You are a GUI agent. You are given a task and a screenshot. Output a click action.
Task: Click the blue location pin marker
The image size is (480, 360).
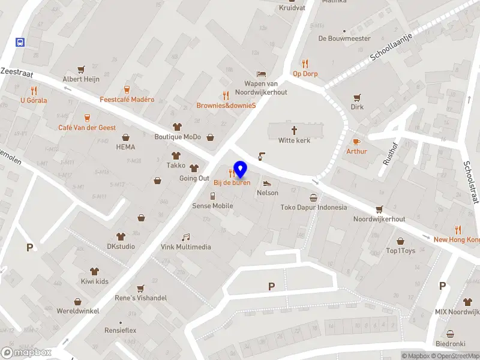coord(241,170)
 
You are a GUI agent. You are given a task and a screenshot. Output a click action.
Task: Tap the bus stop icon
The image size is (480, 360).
coord(20,42)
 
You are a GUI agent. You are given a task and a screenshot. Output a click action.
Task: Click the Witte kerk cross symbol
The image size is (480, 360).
coord(294,130)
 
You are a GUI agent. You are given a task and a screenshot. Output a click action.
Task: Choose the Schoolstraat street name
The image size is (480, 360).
coord(470,182)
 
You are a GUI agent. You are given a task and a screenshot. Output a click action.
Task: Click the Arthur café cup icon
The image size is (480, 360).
coord(356,141)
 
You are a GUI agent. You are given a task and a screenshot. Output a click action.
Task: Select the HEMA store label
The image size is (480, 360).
coord(125,147)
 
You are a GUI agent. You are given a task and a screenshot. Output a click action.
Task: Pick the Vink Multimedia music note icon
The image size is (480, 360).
coord(186,237)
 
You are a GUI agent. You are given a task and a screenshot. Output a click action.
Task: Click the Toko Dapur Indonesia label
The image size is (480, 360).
coord(313,208)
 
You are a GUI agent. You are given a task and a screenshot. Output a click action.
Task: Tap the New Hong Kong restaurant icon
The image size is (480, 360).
coord(458,229)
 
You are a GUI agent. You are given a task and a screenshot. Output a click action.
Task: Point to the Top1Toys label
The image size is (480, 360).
coord(400,251)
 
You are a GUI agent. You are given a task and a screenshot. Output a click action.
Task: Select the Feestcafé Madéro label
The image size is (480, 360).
coord(127,100)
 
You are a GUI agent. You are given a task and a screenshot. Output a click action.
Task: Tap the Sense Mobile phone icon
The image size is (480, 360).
coord(212,196)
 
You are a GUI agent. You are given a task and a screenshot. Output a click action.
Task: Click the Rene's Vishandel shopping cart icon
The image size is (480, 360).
coord(140,288)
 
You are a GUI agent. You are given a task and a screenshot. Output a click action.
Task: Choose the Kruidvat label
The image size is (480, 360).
coord(292,8)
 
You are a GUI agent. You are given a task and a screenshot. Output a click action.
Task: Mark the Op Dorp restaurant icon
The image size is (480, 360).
coord(305,64)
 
